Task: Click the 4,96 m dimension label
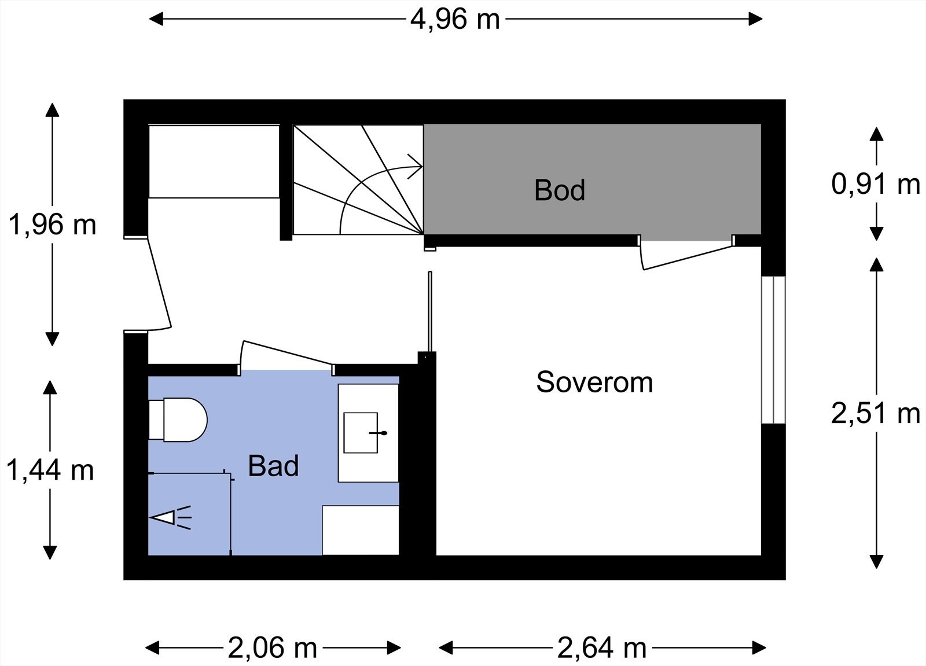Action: point(455,19)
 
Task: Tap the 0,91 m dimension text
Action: point(875,184)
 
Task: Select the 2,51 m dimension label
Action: point(875,413)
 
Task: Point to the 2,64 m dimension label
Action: point(601,647)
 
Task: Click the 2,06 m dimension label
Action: point(272,647)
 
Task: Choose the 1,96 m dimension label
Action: point(52,224)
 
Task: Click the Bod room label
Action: point(559,190)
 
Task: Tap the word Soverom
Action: point(594,382)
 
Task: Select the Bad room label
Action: point(273,466)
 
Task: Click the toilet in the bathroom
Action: point(179,420)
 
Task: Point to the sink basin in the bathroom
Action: point(361,432)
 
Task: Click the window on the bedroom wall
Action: point(773,349)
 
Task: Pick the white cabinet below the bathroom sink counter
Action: point(360,530)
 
